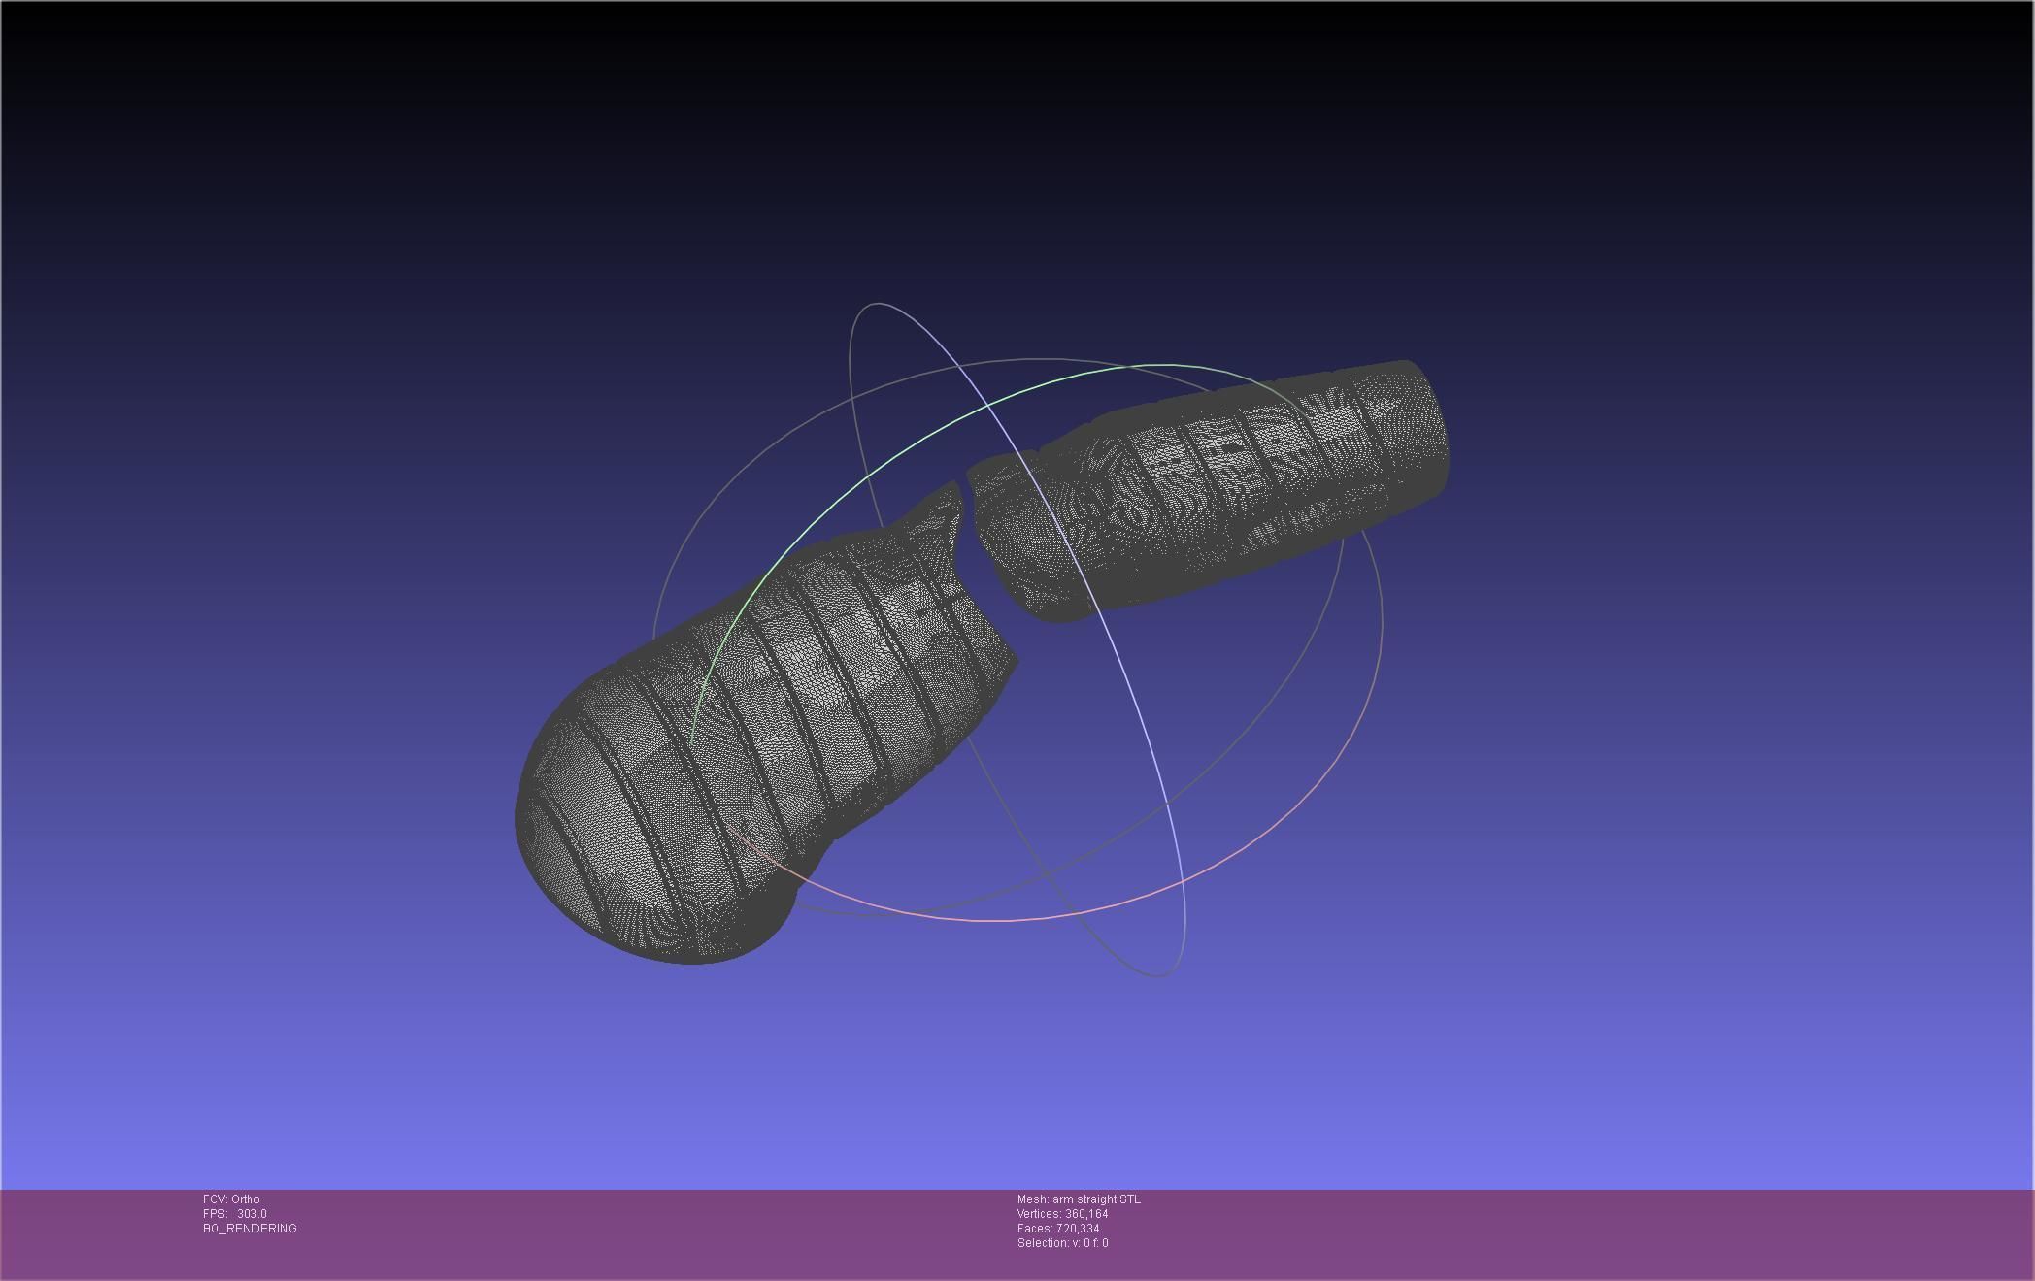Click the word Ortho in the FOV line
[246, 1199]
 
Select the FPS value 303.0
[251, 1214]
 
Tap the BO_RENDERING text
[250, 1229]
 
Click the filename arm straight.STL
[1096, 1199]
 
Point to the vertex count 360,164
[1086, 1214]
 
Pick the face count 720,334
[1078, 1229]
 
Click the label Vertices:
[1039, 1214]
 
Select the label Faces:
[1035, 1229]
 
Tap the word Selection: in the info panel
[1043, 1243]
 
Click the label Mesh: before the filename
[1033, 1199]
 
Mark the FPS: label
[215, 1214]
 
